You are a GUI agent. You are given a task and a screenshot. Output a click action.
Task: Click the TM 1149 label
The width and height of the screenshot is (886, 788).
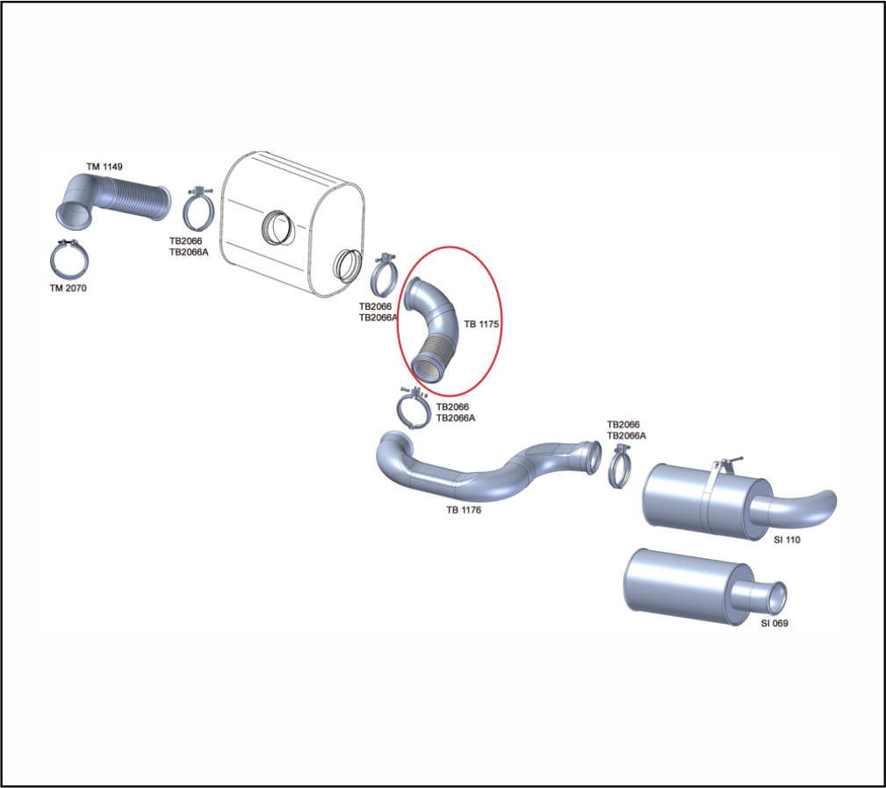pyautogui.click(x=104, y=167)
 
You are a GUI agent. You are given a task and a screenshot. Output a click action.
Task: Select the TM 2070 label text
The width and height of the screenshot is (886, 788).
pyautogui.click(x=68, y=288)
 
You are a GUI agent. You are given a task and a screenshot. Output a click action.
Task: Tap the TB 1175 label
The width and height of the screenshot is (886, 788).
pyautogui.click(x=481, y=324)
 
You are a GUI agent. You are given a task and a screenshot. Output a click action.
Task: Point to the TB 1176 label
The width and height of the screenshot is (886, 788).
pyautogui.click(x=464, y=510)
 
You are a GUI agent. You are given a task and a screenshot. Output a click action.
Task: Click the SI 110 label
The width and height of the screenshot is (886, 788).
pyautogui.click(x=787, y=540)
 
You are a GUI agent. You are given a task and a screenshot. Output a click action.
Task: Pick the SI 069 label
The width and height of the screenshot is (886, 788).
pyautogui.click(x=774, y=623)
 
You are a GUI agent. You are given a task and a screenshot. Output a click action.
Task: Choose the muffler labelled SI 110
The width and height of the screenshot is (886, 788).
pyautogui.click(x=706, y=499)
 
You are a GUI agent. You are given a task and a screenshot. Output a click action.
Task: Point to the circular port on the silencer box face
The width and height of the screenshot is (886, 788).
pyautogui.click(x=277, y=227)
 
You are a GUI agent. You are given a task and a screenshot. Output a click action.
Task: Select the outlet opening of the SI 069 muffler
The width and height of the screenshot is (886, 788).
pyautogui.click(x=777, y=598)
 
